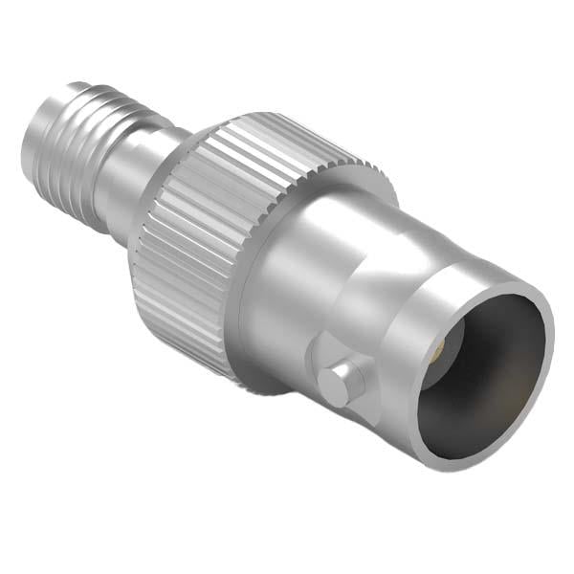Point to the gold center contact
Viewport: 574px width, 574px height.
tap(438, 355)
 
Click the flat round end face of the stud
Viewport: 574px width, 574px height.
tap(336, 384)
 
